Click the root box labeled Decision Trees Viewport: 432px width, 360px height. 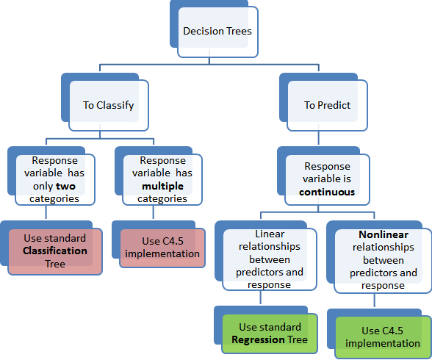tap(217, 32)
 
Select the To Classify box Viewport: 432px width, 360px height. tap(108, 105)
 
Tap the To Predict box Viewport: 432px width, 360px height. tap(327, 105)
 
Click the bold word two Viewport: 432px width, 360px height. tap(65, 187)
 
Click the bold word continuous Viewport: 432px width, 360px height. tap(327, 192)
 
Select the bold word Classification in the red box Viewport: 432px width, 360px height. tap(55, 251)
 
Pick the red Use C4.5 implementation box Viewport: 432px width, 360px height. tap(162, 248)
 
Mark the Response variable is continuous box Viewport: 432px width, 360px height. tap(327, 179)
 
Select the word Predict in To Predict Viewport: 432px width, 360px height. tap(334, 105)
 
